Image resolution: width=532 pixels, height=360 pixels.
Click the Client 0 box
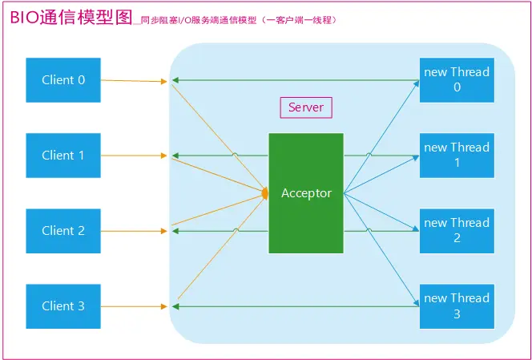63,80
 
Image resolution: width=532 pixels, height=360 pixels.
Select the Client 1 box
63,156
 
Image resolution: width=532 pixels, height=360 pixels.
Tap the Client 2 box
63,231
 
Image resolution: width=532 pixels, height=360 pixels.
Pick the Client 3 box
63,306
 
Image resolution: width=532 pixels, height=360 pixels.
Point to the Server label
305,107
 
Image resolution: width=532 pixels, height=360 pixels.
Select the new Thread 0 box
457,79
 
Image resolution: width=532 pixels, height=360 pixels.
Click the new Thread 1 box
457,155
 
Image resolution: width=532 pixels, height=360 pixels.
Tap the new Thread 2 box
457,230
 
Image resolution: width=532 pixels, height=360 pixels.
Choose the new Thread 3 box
457,305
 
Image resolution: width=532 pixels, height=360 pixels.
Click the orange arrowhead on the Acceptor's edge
265,193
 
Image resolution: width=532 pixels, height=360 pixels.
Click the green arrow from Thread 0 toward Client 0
296,79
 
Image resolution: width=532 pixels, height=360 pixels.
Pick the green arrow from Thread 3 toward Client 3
296,305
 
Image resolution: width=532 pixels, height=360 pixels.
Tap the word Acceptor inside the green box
306,193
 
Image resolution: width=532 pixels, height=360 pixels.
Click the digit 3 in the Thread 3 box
457,314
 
